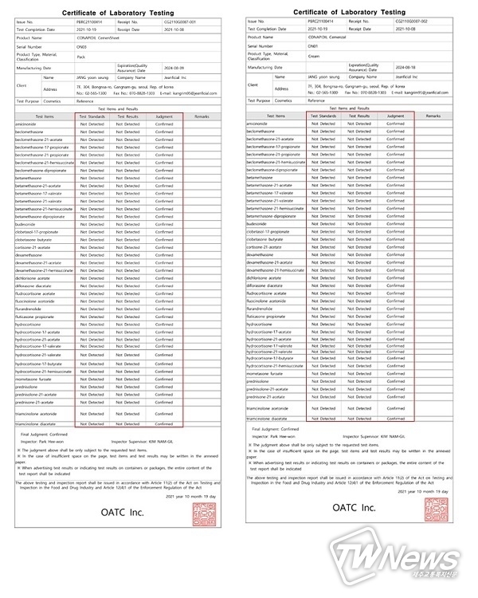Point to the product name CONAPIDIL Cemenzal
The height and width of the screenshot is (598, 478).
click(x=334, y=37)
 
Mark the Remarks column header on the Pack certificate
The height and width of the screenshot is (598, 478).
click(x=202, y=117)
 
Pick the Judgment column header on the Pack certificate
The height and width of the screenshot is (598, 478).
click(x=163, y=117)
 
